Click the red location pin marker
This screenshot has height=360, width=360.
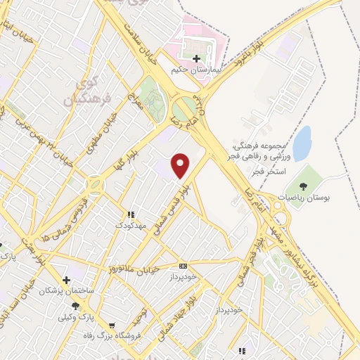181,165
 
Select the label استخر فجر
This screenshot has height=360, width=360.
263,171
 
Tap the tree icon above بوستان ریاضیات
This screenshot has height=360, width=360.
303,187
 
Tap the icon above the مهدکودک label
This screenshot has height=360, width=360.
130,214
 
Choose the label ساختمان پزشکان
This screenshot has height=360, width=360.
66,290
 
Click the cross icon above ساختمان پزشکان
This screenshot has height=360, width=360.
66,279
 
